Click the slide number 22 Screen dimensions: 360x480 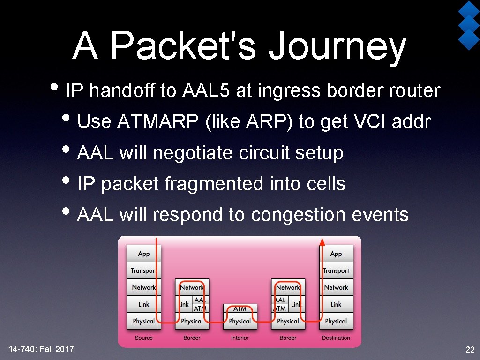click(x=469, y=349)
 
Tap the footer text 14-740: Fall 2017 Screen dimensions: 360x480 click(x=41, y=349)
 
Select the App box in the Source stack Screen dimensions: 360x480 click(x=144, y=254)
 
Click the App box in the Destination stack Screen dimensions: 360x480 click(x=336, y=254)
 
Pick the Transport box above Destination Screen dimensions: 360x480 click(x=336, y=270)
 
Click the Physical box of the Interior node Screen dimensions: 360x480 click(x=240, y=322)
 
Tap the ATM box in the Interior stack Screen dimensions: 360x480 click(x=240, y=308)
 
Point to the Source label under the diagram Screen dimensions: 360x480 click(x=144, y=338)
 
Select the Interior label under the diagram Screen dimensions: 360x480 click(x=240, y=338)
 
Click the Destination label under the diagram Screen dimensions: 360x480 click(x=336, y=338)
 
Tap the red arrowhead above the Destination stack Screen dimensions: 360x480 click(x=322, y=241)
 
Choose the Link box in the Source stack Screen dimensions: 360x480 click(x=144, y=304)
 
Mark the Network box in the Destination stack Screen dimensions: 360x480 click(x=336, y=287)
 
